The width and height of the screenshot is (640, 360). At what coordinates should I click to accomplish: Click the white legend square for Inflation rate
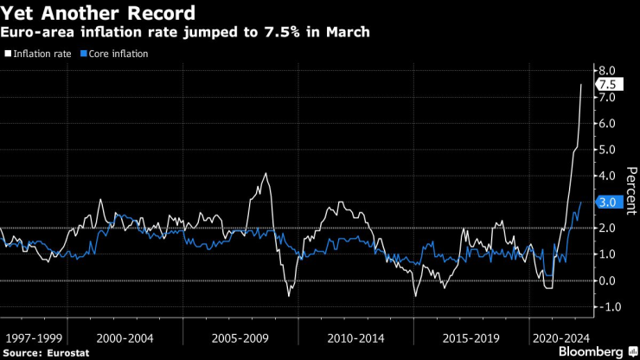pyautogui.click(x=8, y=54)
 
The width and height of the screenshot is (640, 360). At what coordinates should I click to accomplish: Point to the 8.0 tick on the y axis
pyautogui.click(x=606, y=70)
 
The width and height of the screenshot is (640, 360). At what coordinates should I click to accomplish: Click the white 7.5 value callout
pyautogui.click(x=607, y=84)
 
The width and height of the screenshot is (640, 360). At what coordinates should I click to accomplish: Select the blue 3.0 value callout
pyautogui.click(x=607, y=202)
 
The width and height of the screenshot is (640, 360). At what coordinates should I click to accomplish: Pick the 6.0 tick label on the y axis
pyautogui.click(x=606, y=123)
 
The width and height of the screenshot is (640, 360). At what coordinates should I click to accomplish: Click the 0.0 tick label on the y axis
pyautogui.click(x=606, y=280)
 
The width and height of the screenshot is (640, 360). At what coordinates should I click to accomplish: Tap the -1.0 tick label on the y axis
pyautogui.click(x=605, y=307)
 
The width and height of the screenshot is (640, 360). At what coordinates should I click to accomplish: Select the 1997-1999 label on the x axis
pyautogui.click(x=33, y=334)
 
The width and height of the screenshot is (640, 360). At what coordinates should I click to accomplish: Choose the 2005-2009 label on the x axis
pyautogui.click(x=240, y=334)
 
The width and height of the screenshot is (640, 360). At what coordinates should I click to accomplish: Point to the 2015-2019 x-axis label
pyautogui.click(x=470, y=334)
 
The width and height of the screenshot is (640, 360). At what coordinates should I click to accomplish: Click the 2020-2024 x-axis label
pyautogui.click(x=560, y=334)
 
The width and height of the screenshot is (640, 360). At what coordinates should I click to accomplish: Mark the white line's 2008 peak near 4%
pyautogui.click(x=266, y=174)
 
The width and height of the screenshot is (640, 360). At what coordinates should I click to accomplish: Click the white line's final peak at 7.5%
pyautogui.click(x=580, y=84)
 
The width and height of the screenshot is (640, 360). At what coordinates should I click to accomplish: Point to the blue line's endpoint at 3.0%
pyautogui.click(x=580, y=202)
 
